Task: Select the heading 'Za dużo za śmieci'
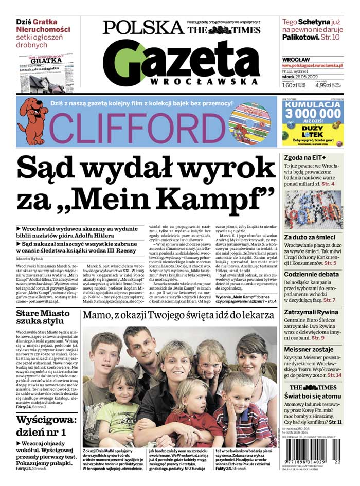(x=310, y=237)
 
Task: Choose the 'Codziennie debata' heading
(x=312, y=274)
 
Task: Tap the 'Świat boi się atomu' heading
(x=311, y=396)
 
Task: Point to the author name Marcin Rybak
(x=30, y=258)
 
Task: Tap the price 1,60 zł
(x=291, y=86)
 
